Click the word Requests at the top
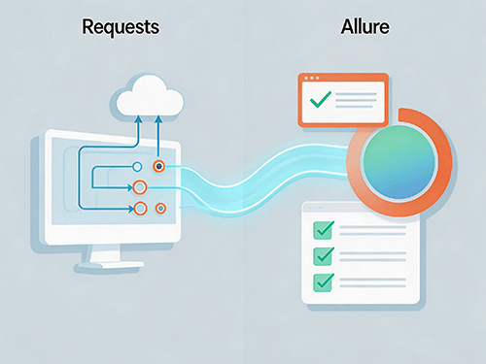[121, 27]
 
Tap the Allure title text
[365, 26]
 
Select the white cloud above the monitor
[150, 96]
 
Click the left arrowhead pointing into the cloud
[138, 119]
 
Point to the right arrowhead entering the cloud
[158, 119]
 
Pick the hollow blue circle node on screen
[137, 167]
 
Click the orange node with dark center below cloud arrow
[158, 167]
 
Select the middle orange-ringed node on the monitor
[140, 187]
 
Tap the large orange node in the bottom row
[140, 209]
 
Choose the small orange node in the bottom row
[160, 209]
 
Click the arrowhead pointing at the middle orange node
[130, 187]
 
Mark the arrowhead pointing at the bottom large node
[130, 209]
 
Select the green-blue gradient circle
[399, 162]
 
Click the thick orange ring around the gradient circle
[444, 162]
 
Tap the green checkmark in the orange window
[321, 99]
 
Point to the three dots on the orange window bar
[312, 78]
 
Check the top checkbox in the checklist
[323, 230]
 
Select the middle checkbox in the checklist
[323, 256]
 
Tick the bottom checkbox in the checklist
[323, 282]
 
